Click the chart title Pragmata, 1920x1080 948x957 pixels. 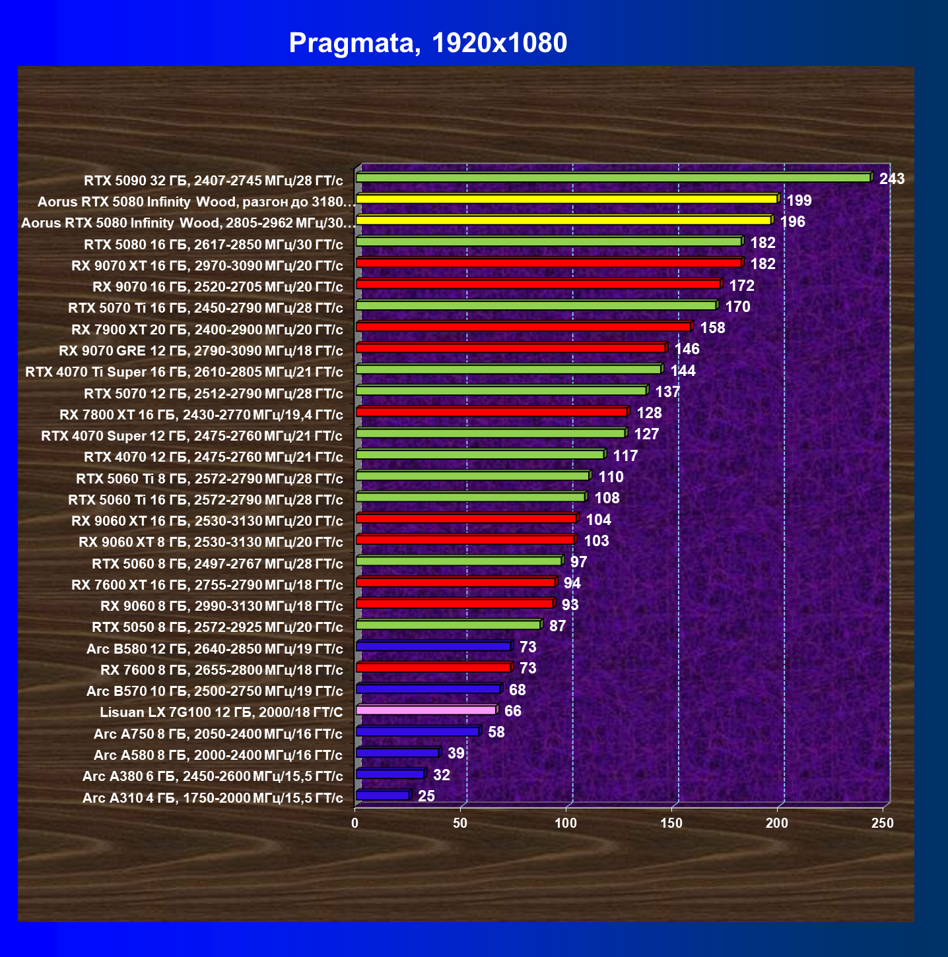pos(428,43)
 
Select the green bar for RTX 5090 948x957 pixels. pos(615,177)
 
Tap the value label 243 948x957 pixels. pos(892,179)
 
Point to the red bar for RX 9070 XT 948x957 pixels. pos(550,262)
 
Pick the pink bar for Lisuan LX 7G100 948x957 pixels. pos(427,710)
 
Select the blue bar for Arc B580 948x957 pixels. pos(434,646)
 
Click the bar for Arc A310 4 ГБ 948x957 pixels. pos(384,795)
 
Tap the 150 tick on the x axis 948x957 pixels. pos(671,823)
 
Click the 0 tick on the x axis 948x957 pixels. pos(355,823)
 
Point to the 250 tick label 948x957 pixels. pos(883,823)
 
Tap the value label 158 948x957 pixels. pos(712,328)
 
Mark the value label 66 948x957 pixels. pos(512,711)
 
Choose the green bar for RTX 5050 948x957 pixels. pos(450,625)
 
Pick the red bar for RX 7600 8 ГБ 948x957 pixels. pos(434,667)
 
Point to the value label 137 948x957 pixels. pos(667,392)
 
